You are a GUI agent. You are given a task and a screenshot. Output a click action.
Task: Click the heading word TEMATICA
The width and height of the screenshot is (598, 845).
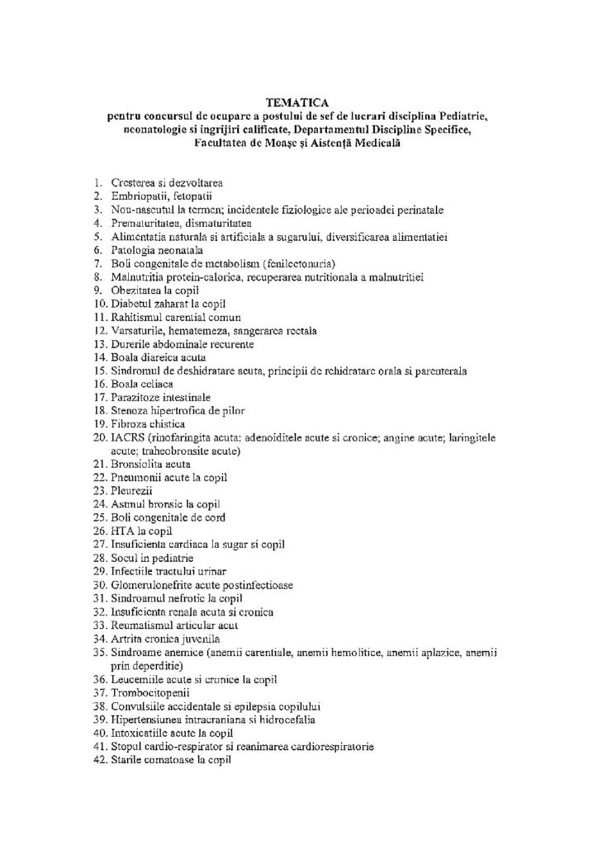[x=298, y=103]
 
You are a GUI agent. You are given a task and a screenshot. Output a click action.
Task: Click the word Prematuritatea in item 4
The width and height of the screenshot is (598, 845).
[x=145, y=223]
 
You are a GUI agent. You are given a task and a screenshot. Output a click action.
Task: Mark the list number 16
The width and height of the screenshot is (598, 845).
[x=98, y=384]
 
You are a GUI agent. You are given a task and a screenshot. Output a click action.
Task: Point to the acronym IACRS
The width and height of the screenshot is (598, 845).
[x=126, y=437]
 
